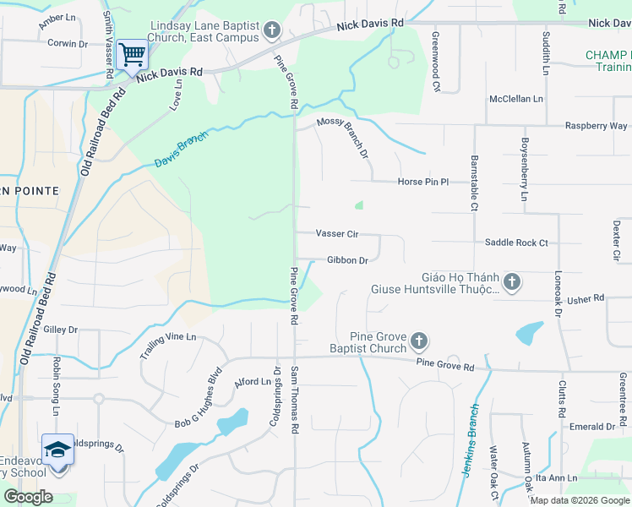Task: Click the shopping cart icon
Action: [x=133, y=55]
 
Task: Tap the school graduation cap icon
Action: [x=58, y=449]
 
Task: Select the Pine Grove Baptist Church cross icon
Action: [x=419, y=342]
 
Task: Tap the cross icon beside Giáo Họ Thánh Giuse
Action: [x=510, y=282]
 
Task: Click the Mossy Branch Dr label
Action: [x=343, y=137]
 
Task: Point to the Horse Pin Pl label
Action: [x=422, y=182]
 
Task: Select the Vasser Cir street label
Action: [x=336, y=233]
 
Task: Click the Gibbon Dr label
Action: [x=346, y=260]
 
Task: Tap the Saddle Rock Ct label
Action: [x=516, y=243]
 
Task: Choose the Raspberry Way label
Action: [x=596, y=126]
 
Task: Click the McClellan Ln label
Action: [x=515, y=99]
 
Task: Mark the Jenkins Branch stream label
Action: [x=471, y=439]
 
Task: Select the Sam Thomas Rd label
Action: [x=296, y=400]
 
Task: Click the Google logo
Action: [x=29, y=496]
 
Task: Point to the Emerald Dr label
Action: [x=591, y=427]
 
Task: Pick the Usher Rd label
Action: [x=586, y=298]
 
